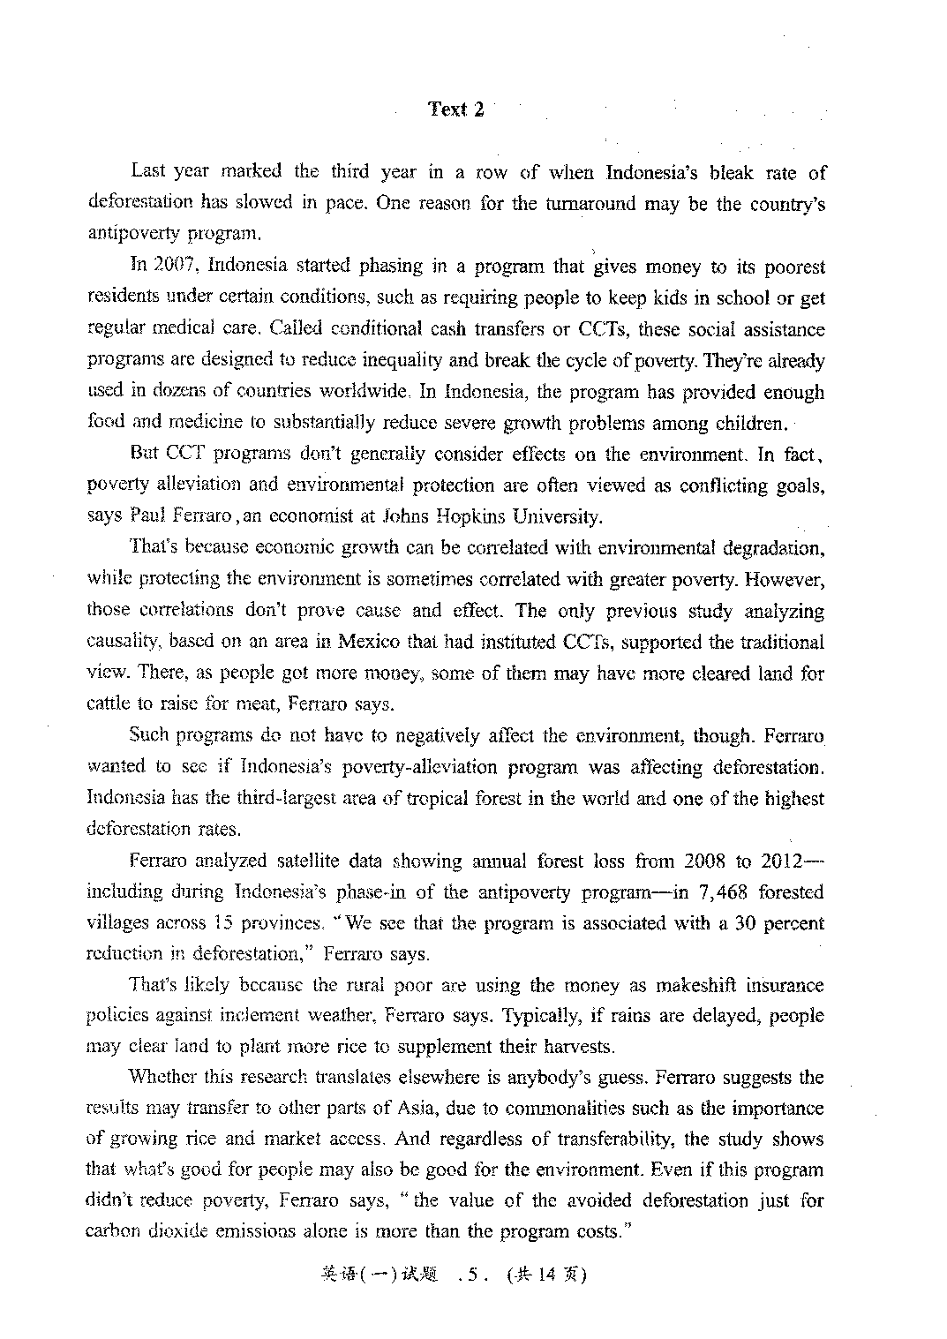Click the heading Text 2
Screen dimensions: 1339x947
click(x=455, y=109)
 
